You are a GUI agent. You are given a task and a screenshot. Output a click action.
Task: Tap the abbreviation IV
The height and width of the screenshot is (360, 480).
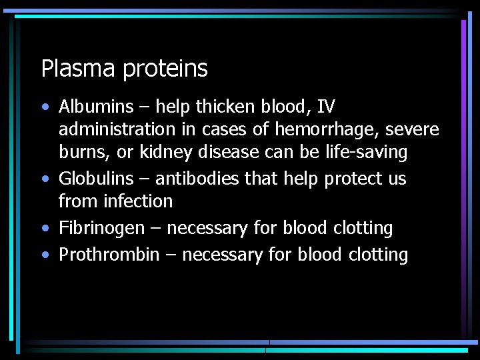tap(326, 107)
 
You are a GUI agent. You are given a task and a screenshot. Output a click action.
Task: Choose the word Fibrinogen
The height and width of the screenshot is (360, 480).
tap(101, 228)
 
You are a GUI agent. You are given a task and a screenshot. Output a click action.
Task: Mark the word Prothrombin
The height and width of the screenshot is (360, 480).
tap(109, 255)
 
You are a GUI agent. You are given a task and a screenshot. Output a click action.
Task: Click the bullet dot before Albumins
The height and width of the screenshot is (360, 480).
tap(44, 107)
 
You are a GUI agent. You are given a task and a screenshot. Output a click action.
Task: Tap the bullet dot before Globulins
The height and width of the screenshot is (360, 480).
tap(44, 179)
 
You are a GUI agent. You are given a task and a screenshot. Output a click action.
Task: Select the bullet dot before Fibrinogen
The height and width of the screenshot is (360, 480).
tap(44, 229)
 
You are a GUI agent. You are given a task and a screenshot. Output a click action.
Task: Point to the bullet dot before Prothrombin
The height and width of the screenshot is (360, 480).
tap(44, 255)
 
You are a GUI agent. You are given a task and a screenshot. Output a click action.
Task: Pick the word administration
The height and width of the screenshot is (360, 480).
tap(109, 129)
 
